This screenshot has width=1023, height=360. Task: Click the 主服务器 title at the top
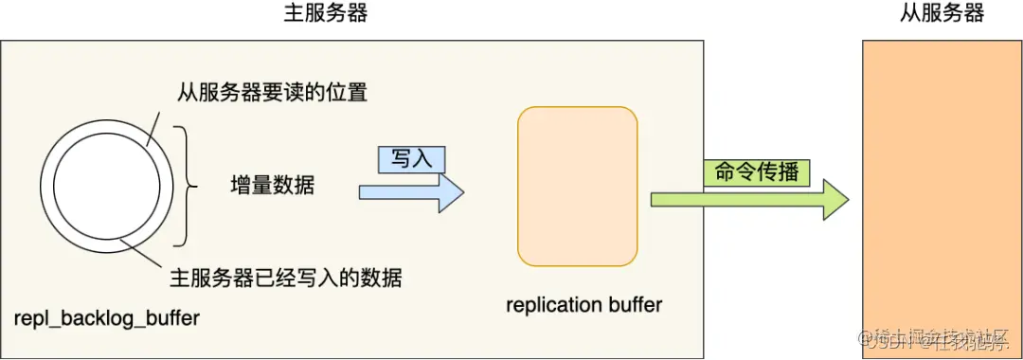pyautogui.click(x=326, y=13)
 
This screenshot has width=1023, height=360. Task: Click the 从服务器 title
pyautogui.click(x=942, y=13)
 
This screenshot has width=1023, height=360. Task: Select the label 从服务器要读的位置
pyautogui.click(x=272, y=94)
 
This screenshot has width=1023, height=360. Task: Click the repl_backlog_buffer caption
pyautogui.click(x=107, y=318)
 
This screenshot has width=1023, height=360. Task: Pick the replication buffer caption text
pyautogui.click(x=584, y=305)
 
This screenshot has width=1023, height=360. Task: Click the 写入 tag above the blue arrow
pyautogui.click(x=411, y=159)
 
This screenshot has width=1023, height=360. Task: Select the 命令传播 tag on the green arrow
pyautogui.click(x=756, y=173)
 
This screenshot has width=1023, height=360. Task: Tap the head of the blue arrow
pyautogui.click(x=452, y=192)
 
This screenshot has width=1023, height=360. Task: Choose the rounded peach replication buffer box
pyautogui.click(x=578, y=186)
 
